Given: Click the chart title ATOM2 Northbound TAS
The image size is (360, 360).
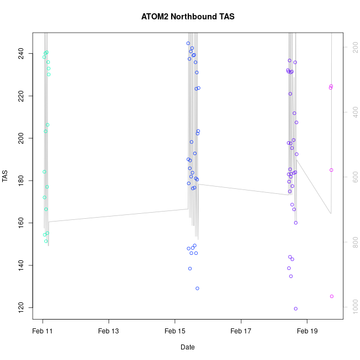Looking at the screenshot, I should tap(188, 17).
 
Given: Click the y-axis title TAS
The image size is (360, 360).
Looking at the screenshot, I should tap(6, 177).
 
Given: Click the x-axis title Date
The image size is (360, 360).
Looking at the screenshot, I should tap(187, 347).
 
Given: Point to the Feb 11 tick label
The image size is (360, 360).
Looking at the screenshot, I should tap(43, 331).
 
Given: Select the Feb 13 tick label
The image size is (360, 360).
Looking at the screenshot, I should tap(109, 331).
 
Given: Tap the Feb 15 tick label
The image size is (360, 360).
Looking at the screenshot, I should tap(175, 331).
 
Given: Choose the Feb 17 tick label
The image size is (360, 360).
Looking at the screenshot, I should tap(241, 331).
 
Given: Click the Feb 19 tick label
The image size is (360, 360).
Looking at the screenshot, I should tap(307, 331).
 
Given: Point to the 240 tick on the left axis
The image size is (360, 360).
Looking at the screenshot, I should tap(20, 53).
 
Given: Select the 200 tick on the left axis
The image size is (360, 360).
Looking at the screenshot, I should tap(20, 138).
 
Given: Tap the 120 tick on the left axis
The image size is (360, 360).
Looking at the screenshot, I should tap(20, 307).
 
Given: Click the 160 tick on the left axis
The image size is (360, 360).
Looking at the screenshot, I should tap(20, 223).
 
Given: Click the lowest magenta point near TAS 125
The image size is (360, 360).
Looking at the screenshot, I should tap(332, 296).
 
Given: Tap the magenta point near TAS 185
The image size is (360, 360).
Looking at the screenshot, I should tap(331, 170).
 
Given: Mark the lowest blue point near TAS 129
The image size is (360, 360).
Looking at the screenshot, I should tap(197, 288).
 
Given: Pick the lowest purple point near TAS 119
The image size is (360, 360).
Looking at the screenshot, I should tap(296, 308).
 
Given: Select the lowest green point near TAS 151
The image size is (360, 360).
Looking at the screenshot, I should tap(46, 241).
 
